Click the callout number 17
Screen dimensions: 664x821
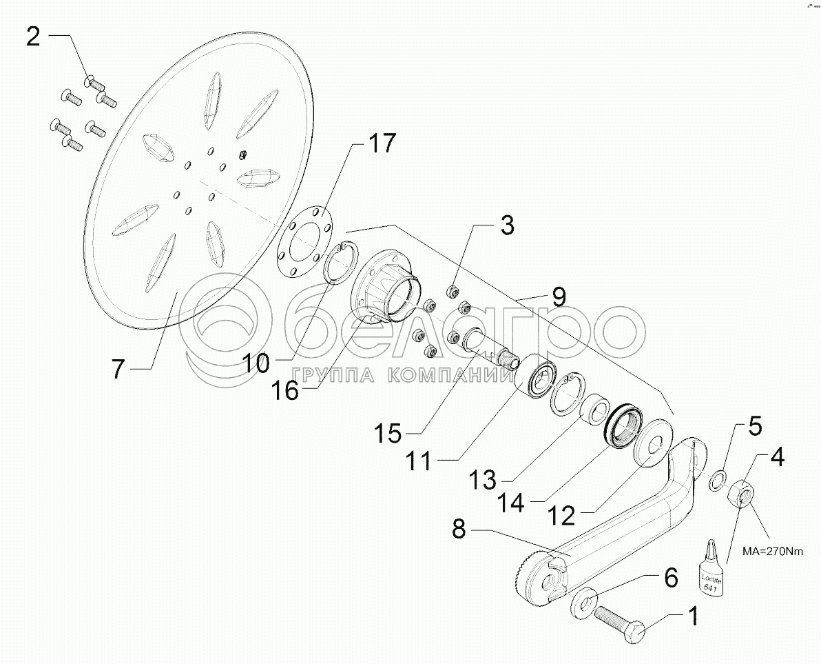(x=381, y=144)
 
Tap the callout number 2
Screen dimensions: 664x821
(x=34, y=36)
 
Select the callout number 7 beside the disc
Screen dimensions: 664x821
(x=118, y=370)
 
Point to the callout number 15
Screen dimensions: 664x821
(x=387, y=434)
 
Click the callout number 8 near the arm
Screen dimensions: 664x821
(x=459, y=530)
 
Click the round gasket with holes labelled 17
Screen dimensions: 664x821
(x=302, y=241)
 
